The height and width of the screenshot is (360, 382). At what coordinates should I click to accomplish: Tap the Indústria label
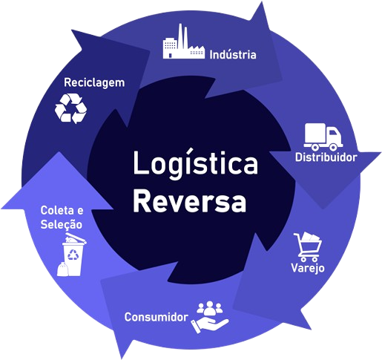[233, 55]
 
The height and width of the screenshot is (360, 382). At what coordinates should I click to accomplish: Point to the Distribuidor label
[326, 157]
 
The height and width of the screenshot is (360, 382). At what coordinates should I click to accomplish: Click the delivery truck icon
[323, 136]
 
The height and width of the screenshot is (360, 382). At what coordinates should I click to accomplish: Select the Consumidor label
[156, 317]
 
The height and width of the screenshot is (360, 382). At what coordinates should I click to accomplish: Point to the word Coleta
[55, 211]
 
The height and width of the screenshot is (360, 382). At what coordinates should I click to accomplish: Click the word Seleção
[61, 223]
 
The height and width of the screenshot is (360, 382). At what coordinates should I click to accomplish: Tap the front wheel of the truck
[333, 145]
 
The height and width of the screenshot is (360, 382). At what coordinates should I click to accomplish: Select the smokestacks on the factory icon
[181, 31]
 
